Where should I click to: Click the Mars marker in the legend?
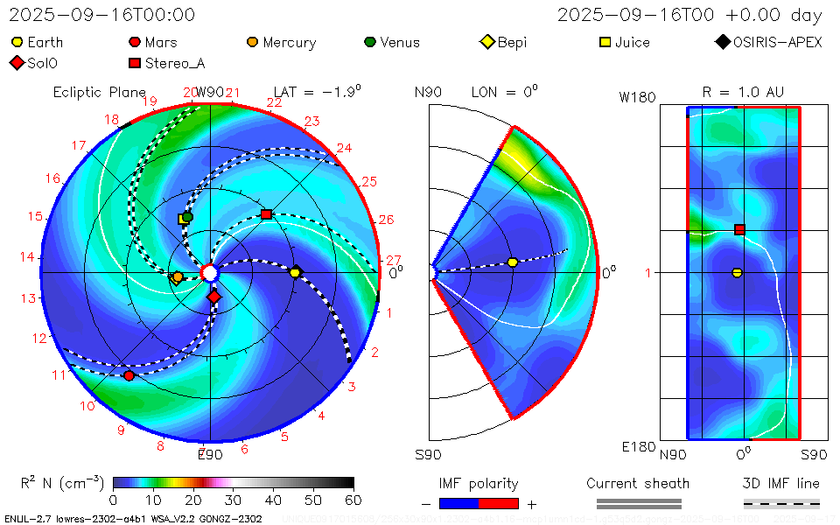[x=135, y=42]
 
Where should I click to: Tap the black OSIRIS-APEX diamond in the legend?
[x=722, y=42]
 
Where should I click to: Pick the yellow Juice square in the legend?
[x=605, y=42]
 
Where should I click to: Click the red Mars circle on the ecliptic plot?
[x=129, y=375]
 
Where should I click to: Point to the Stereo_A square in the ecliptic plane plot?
[x=267, y=214]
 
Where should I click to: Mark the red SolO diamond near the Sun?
[x=214, y=297]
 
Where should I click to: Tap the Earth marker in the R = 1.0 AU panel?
[x=737, y=273]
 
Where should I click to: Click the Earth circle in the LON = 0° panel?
[x=513, y=262]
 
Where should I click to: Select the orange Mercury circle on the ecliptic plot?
[x=178, y=277]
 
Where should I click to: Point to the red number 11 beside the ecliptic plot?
[x=59, y=375]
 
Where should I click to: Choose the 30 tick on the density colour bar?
[x=233, y=500]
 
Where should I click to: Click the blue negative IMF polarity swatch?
[x=460, y=503]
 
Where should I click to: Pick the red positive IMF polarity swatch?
[x=499, y=503]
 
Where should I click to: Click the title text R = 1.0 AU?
[x=743, y=92]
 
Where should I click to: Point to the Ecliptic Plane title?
[x=99, y=92]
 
